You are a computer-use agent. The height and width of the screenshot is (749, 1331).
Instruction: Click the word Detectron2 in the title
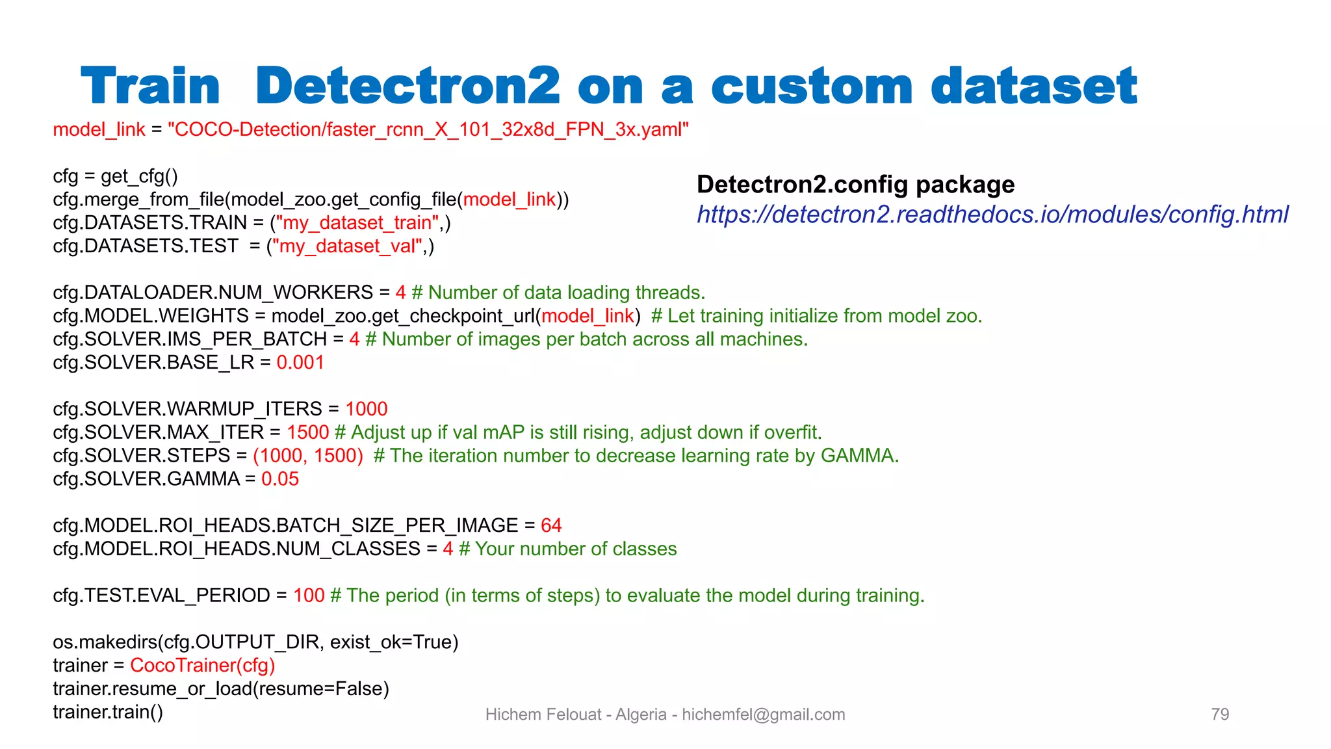click(407, 86)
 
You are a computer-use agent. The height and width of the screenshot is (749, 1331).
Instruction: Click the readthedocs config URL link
click(992, 215)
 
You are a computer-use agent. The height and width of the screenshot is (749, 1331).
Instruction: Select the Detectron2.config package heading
click(855, 185)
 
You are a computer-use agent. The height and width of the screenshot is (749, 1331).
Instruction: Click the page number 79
click(1220, 714)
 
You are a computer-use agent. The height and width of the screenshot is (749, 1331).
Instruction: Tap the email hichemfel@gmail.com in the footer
click(764, 715)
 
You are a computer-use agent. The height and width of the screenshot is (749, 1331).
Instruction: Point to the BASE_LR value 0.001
click(300, 362)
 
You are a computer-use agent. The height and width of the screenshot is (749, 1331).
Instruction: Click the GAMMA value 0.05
click(280, 479)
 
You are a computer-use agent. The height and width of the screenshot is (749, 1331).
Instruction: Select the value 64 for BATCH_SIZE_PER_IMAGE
click(551, 525)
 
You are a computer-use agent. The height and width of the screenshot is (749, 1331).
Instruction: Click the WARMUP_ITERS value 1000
click(367, 409)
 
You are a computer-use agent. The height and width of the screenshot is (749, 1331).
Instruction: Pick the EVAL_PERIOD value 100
click(309, 596)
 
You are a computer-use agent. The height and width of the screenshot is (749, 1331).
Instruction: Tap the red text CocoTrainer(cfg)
click(203, 665)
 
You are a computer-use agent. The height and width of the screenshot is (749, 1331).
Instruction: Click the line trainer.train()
click(108, 712)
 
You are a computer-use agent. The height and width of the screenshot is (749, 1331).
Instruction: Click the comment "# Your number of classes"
click(568, 549)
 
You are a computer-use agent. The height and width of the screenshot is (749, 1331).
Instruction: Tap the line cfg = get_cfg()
click(115, 176)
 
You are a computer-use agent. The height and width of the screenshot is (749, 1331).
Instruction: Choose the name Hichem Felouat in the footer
click(543, 715)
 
